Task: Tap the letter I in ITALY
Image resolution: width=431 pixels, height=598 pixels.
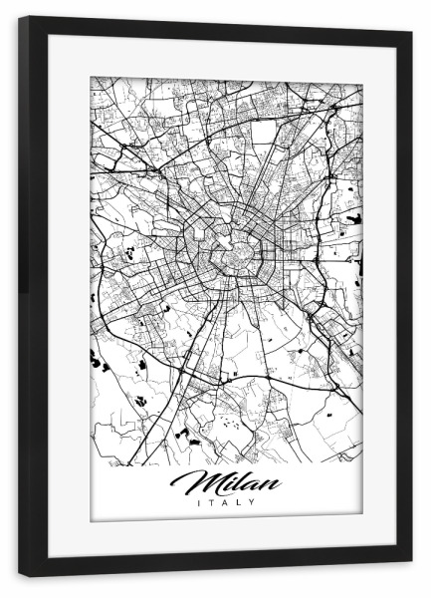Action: [x=200, y=502]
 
